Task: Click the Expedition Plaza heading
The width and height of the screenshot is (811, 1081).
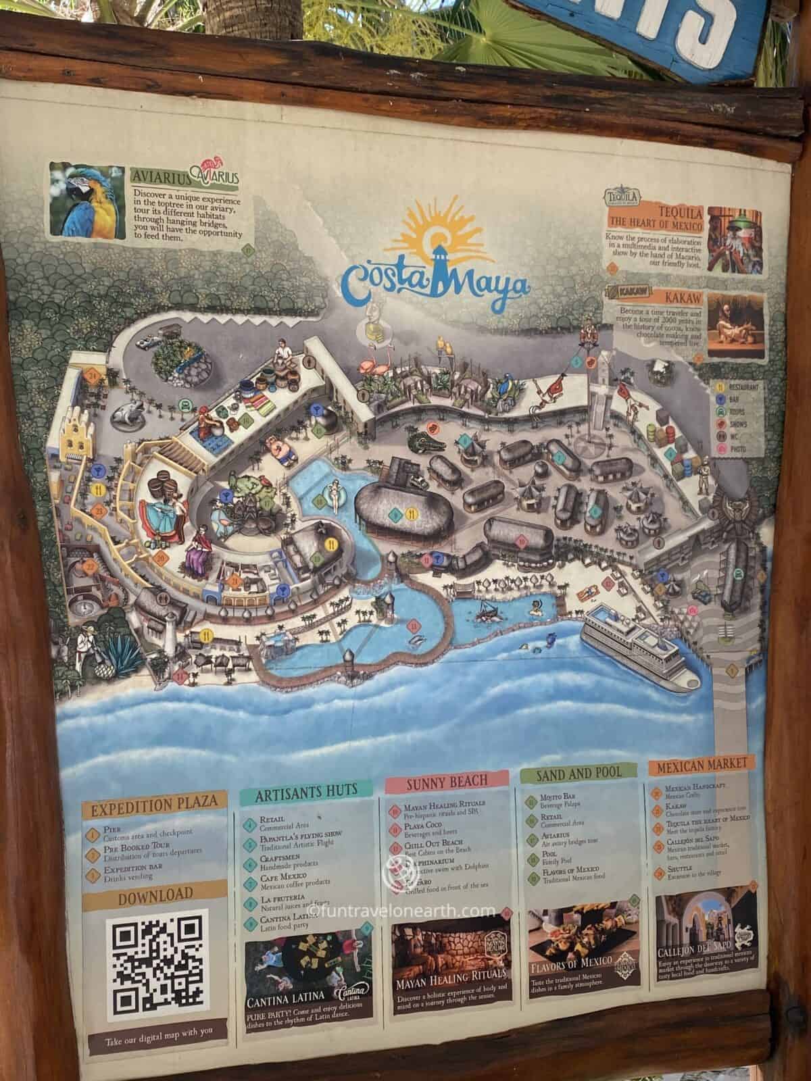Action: click(x=154, y=803)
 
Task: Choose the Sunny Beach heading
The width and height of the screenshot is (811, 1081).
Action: click(x=447, y=782)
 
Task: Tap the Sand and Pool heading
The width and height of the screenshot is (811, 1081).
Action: click(x=579, y=773)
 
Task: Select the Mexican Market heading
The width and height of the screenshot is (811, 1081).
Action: click(x=701, y=764)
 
